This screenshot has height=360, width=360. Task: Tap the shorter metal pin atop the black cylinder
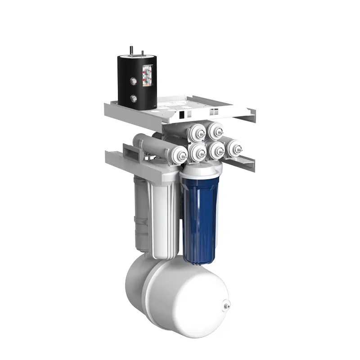pyautogui.click(x=143, y=53)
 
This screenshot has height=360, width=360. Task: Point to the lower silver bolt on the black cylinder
pyautogui.click(x=134, y=98)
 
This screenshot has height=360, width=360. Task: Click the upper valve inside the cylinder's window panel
pyautogui.click(x=147, y=71)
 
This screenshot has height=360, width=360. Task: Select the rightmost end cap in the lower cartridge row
pyautogui.click(x=234, y=148)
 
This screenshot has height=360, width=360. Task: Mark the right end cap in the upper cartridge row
pyautogui.click(x=216, y=131)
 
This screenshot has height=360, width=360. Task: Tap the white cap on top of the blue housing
pyautogui.click(x=202, y=170)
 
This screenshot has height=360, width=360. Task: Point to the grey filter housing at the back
pyautogui.click(x=141, y=211)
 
